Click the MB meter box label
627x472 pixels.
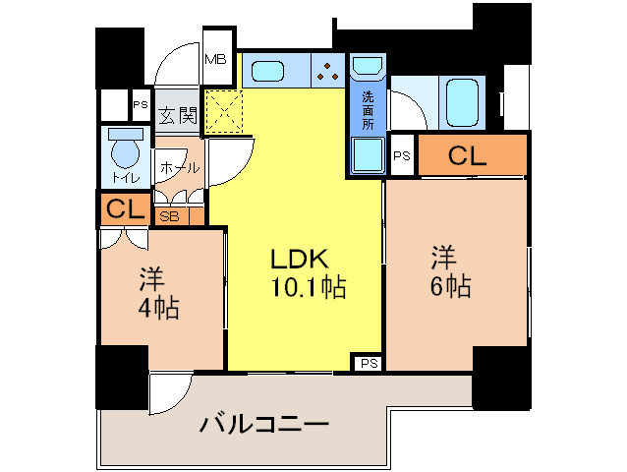[215, 60]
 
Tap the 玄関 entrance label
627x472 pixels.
[178, 115]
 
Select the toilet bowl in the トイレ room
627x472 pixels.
[126, 149]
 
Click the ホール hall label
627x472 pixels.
[180, 168]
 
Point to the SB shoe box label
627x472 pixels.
[169, 216]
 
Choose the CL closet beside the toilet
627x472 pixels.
[125, 208]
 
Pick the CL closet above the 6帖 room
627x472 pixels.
[473, 154]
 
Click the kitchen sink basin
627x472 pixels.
[268, 72]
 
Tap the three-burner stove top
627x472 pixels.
[328, 71]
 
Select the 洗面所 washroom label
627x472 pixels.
[368, 110]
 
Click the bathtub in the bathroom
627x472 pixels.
[462, 103]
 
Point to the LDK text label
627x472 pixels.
[300, 259]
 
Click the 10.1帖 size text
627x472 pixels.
[309, 287]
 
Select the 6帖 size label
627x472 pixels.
[451, 285]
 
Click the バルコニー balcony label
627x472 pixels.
[264, 425]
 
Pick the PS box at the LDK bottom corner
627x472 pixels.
[369, 363]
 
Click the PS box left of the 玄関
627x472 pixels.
[141, 105]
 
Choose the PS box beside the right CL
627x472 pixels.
[402, 155]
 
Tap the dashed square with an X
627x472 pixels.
[224, 111]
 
